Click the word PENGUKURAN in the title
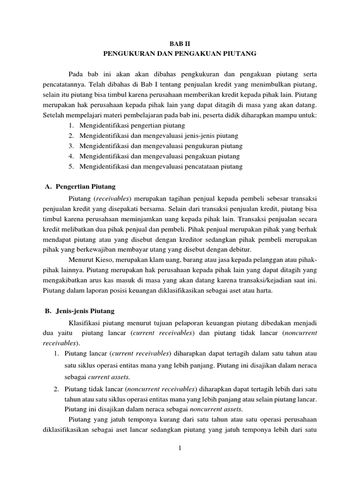(127, 54)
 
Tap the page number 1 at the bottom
(180, 449)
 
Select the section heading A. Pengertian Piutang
(82, 187)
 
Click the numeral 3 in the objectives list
(70, 146)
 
